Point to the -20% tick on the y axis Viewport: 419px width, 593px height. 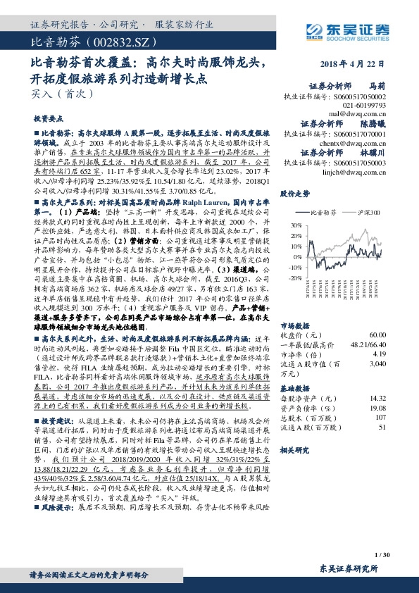pos(284,278)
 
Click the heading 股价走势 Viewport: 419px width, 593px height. pos(295,192)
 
